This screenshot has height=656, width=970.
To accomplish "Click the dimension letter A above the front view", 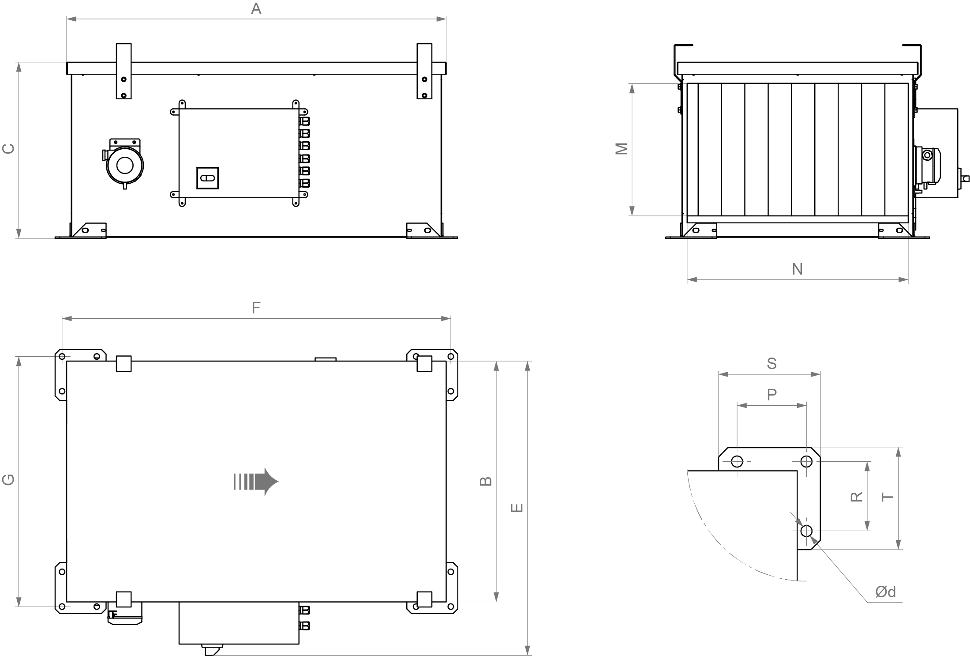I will tap(256, 9).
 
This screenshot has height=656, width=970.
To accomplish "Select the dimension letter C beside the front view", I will tap(9, 149).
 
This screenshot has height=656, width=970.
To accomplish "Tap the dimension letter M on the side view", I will tap(622, 149).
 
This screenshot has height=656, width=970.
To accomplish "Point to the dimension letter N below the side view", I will tap(797, 269).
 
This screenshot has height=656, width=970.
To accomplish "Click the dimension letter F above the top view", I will tap(256, 308).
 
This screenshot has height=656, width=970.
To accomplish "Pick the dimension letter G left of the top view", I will tap(9, 479).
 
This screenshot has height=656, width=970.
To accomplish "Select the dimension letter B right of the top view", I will tap(486, 481).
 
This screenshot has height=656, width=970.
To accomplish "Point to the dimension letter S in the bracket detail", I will tap(772, 363).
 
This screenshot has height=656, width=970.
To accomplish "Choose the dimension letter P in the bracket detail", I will tap(772, 394).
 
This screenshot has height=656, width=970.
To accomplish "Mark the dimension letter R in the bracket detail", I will tap(856, 497).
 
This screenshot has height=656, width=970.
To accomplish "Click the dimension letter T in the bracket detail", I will tap(887, 497).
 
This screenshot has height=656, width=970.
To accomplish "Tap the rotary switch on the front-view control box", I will tap(207, 178).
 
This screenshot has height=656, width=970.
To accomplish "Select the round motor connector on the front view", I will tap(125, 166).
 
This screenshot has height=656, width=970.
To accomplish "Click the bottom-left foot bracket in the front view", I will tap(89, 230).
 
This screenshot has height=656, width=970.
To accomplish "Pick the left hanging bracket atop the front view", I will tap(124, 71).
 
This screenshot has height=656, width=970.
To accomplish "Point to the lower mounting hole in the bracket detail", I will tap(806, 531).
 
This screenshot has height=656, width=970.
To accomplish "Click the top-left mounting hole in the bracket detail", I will tap(737, 461).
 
